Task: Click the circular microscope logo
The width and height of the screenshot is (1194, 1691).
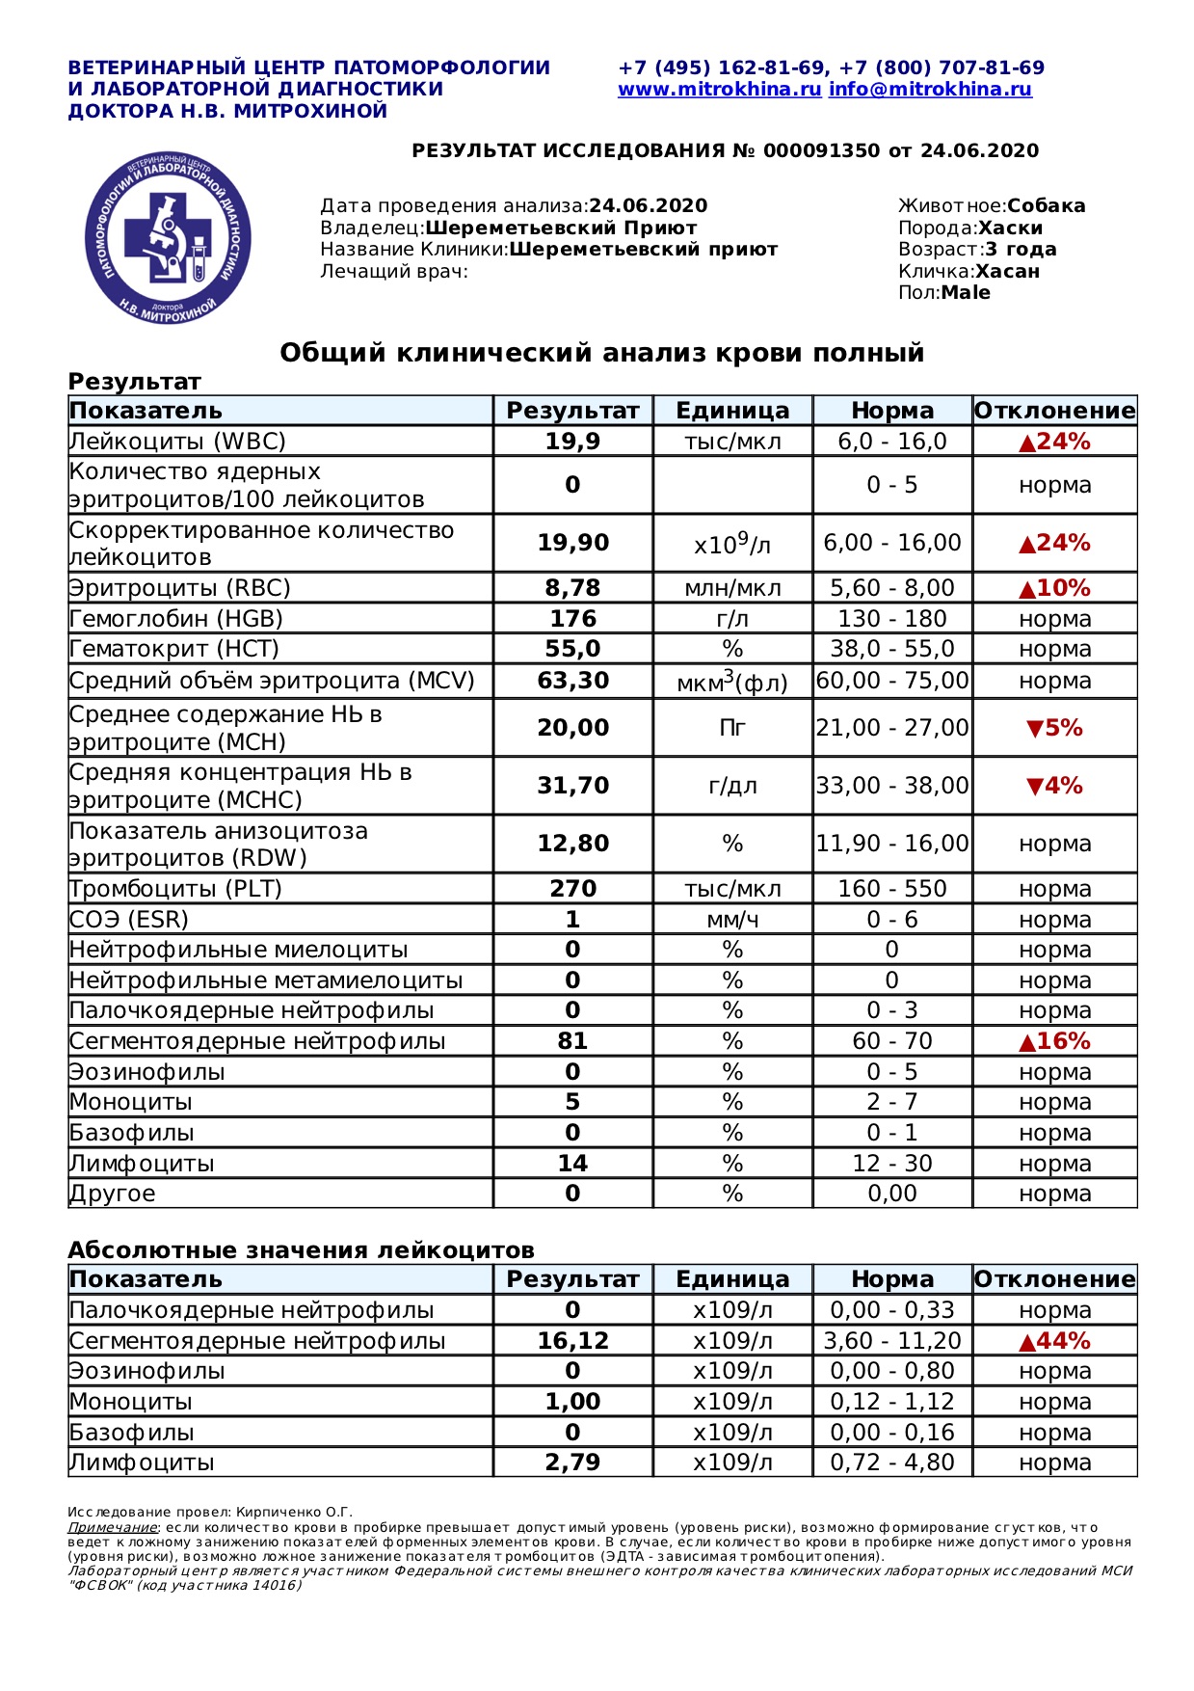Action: click(169, 238)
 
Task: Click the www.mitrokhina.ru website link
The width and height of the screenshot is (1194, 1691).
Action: click(719, 90)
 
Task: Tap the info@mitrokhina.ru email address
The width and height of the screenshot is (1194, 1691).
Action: click(930, 90)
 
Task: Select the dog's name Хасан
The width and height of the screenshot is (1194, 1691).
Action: click(1007, 271)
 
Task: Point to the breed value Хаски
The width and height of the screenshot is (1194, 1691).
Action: click(1010, 228)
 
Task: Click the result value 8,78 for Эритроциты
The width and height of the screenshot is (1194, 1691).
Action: click(572, 588)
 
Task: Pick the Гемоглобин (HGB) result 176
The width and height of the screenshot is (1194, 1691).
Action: click(572, 619)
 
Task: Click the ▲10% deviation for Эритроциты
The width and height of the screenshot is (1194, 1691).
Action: click(1054, 588)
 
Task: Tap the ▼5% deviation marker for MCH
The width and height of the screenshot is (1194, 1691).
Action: click(1054, 728)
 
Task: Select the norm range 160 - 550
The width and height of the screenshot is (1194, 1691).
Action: click(891, 889)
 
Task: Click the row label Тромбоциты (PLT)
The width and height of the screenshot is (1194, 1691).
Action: click(175, 889)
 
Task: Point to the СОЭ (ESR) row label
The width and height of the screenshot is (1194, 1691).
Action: click(129, 920)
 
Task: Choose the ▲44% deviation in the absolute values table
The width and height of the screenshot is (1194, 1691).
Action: click(1054, 1341)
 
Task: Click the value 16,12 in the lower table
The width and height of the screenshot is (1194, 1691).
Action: click(572, 1341)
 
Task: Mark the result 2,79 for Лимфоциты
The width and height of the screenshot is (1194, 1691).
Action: click(572, 1463)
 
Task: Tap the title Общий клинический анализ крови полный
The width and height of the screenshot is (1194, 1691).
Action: click(601, 353)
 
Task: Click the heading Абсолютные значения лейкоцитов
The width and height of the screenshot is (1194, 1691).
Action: click(301, 1250)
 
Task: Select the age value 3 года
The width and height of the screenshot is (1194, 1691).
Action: click(1021, 250)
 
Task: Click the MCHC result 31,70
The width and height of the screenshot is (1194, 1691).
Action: click(572, 786)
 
